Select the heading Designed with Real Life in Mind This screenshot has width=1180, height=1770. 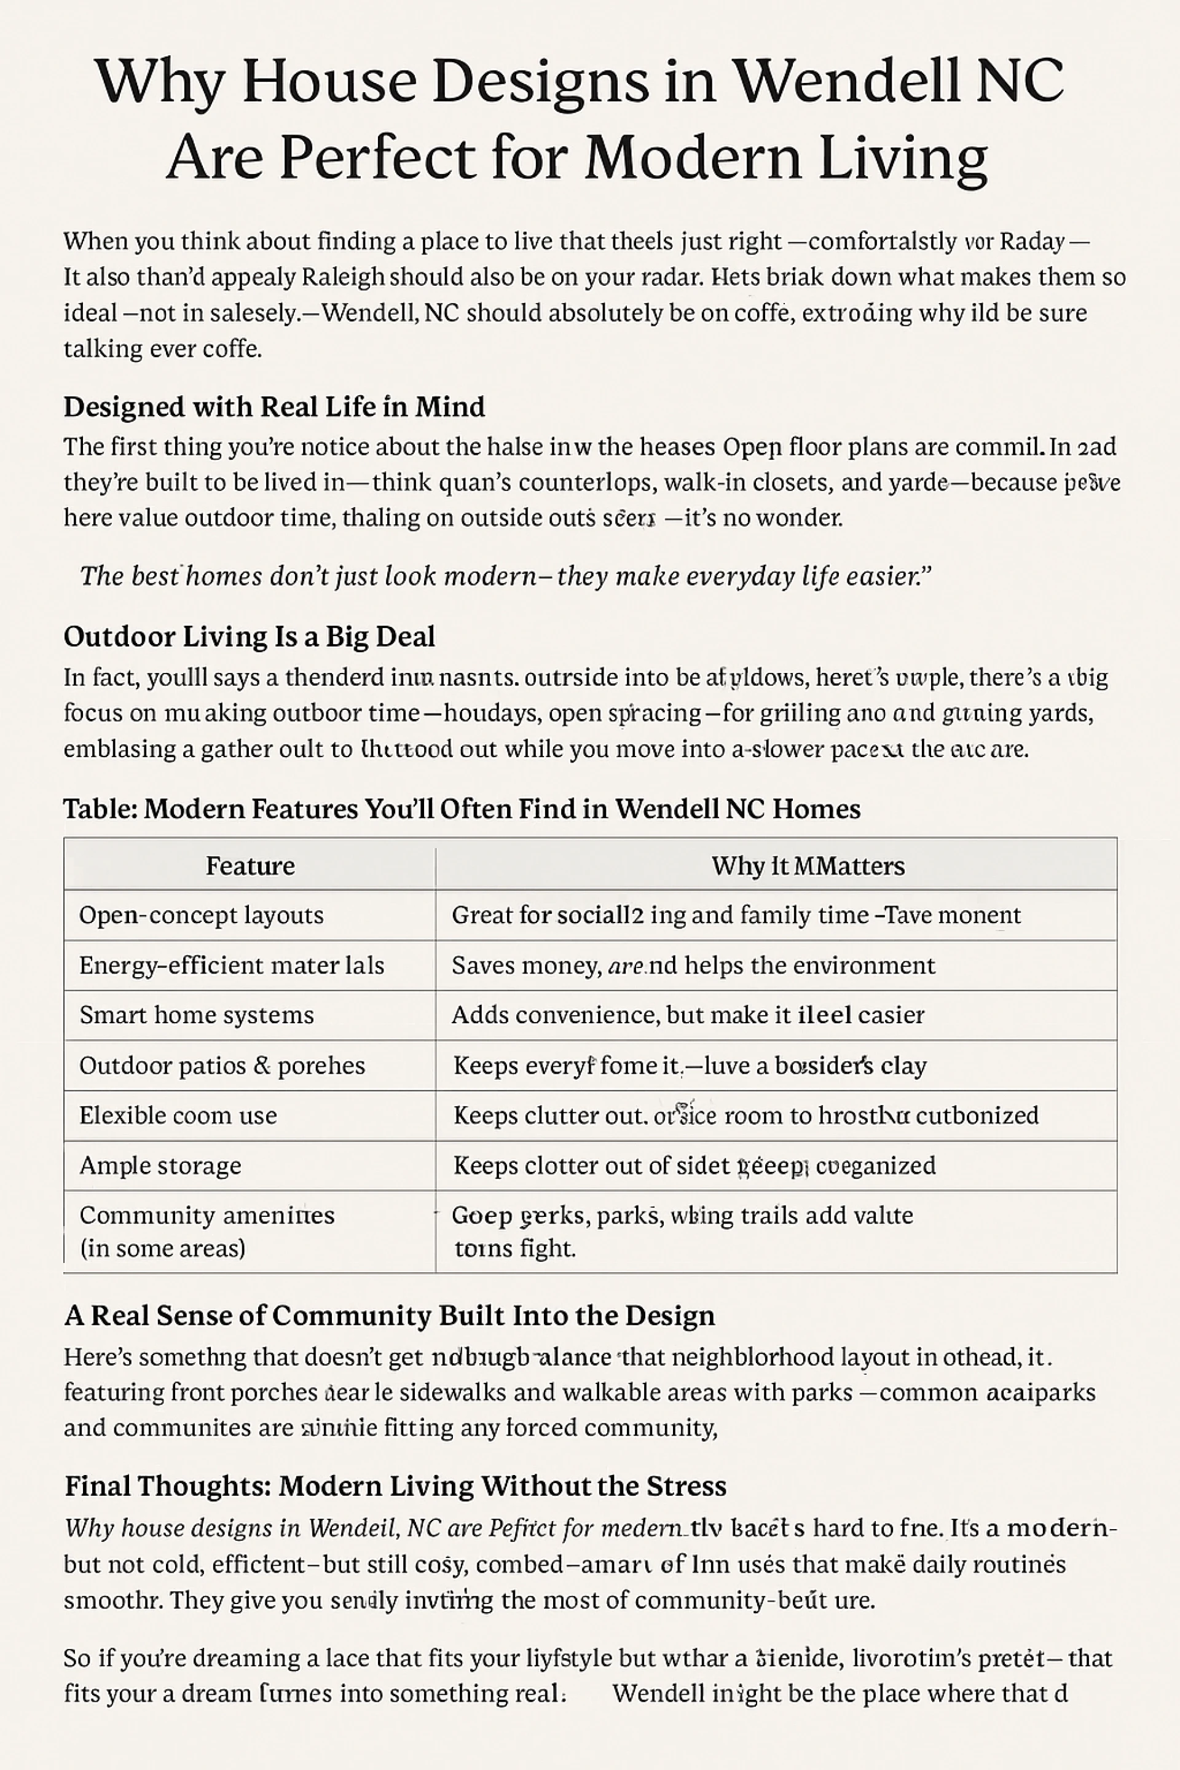[x=274, y=406]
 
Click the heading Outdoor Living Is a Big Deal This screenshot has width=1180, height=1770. [x=249, y=637]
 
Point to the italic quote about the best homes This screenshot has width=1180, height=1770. [x=505, y=576]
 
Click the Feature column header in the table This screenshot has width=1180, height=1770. [x=250, y=865]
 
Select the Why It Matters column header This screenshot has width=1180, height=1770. [x=808, y=865]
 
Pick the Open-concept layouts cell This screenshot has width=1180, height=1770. [x=202, y=915]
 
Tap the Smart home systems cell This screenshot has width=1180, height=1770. [x=197, y=1015]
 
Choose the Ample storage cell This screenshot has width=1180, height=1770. [x=160, y=1166]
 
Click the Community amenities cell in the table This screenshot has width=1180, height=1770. [x=207, y=1231]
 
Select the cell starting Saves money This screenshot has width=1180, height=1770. [x=693, y=966]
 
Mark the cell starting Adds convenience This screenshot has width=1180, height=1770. [x=687, y=1015]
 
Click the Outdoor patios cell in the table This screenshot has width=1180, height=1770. [x=222, y=1066]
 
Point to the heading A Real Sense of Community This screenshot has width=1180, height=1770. [x=389, y=1315]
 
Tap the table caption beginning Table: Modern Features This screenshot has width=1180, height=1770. [x=462, y=809]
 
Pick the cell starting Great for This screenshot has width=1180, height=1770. [x=736, y=915]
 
